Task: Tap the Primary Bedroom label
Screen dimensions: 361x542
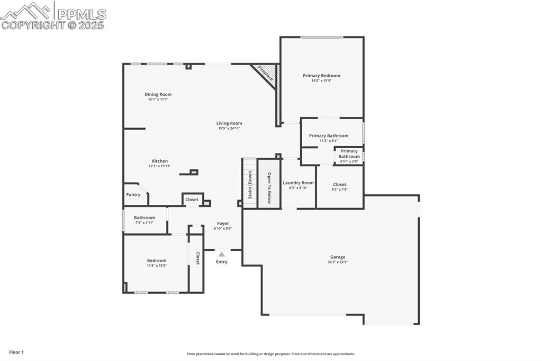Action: click(321, 76)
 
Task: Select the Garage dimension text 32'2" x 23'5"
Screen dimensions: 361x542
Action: click(338, 262)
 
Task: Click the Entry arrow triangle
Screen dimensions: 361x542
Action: click(222, 255)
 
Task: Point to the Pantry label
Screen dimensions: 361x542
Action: click(133, 195)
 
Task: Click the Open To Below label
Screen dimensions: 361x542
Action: click(269, 188)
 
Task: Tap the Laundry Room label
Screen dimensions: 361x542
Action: click(298, 183)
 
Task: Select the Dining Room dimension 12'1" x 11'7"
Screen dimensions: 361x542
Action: click(158, 100)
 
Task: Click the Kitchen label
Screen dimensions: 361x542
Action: click(160, 161)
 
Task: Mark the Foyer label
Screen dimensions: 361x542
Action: click(223, 223)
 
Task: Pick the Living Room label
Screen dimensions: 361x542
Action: click(229, 123)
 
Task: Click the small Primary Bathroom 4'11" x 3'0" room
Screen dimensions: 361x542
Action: click(349, 156)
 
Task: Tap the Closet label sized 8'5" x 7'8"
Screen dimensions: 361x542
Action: click(340, 185)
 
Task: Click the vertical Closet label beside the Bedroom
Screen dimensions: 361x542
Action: click(197, 258)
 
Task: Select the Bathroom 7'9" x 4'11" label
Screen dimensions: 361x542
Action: click(144, 218)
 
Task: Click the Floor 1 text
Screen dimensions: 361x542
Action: click(16, 352)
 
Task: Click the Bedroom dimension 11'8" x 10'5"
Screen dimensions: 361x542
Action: click(157, 266)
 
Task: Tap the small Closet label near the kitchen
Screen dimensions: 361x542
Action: click(192, 200)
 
